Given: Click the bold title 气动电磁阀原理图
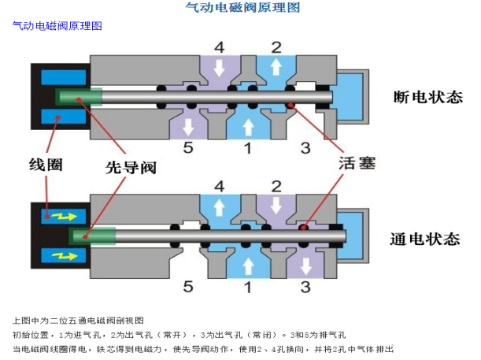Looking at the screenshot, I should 242,8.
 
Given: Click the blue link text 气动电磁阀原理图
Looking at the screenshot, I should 57,26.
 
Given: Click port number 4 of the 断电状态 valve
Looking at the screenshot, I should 220,46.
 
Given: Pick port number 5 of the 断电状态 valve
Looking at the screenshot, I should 187,147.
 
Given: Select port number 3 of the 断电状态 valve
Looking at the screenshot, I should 305,147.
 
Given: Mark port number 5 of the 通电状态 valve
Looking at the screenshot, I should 187,287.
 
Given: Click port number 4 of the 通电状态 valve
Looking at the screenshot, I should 220,187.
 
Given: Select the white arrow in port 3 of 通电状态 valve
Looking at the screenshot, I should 305,265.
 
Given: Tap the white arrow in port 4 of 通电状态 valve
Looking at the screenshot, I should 220,206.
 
